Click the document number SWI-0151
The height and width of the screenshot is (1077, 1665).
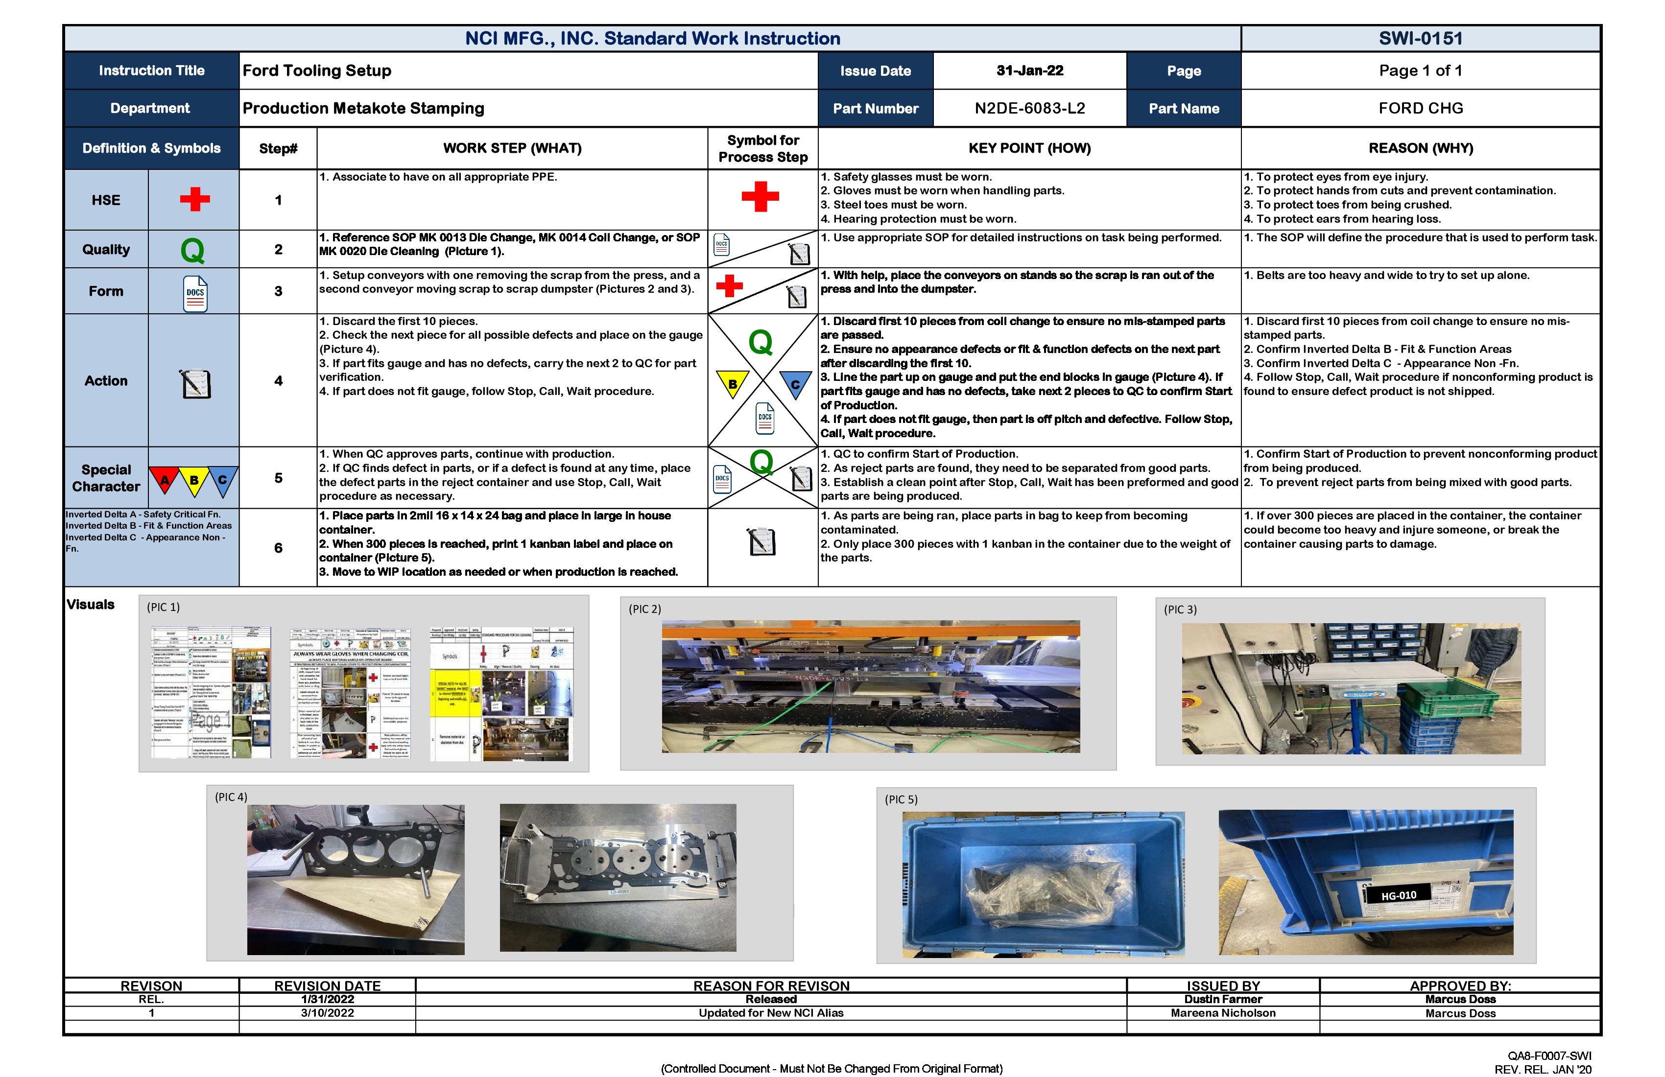click(x=1420, y=39)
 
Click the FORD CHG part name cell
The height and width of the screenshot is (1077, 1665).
click(x=1420, y=108)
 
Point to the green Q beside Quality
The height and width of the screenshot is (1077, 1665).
click(x=192, y=250)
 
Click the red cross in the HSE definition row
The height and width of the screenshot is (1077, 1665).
click(x=194, y=199)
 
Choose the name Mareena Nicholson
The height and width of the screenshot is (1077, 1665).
click(x=1222, y=1013)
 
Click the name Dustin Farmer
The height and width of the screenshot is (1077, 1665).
click(x=1222, y=999)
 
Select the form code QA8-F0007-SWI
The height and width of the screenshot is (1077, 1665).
click(x=1549, y=1056)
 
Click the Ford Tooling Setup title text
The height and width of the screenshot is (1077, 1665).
click(x=317, y=70)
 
